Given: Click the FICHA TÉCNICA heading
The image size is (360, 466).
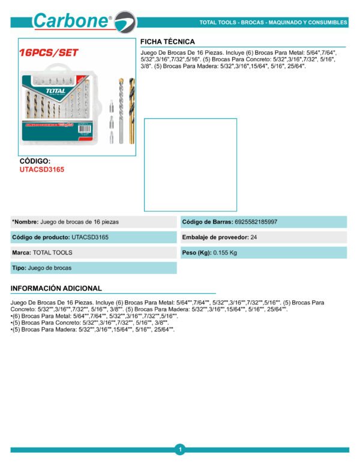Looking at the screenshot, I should coord(167,41).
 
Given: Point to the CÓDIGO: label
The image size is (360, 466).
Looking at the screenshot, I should coord(35,162).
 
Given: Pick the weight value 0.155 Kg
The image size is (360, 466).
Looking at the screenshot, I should coord(225,253).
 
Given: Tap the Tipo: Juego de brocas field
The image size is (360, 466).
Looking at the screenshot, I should coord(42,268).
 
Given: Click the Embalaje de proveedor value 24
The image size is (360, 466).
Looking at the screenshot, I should coord(254,238).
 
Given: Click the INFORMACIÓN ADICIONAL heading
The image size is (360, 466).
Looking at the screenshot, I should coord(56,288).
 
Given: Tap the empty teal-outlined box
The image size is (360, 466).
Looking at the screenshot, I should coord(190,165).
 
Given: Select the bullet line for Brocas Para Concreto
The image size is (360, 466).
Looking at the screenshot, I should coord(90,322).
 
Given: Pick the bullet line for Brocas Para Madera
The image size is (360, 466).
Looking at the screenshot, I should coord(93,330).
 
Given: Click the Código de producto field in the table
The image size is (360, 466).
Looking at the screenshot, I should coord(60,238).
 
